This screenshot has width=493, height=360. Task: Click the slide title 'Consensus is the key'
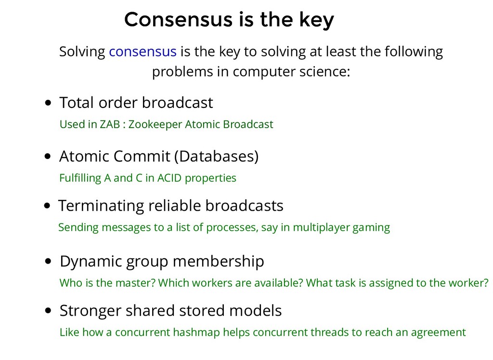pos(229,20)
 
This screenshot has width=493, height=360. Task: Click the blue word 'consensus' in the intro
pos(143,51)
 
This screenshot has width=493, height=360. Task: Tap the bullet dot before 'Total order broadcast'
pos(48,103)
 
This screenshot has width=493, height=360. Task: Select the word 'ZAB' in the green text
pos(110,124)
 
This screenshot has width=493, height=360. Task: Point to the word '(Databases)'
pos(216,157)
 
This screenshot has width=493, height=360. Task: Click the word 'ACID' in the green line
pos(169,178)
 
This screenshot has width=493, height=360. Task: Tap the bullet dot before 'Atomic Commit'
pos(48,157)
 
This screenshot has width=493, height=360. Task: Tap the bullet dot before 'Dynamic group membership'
pos(48,262)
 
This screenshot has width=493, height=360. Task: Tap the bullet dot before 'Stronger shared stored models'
pos(48,311)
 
